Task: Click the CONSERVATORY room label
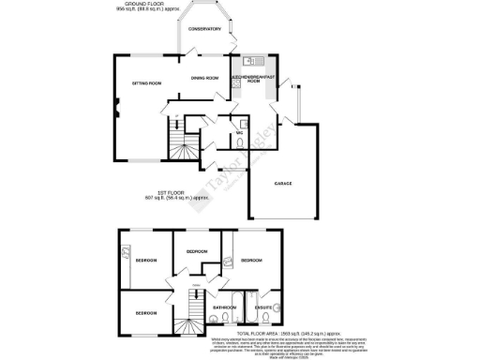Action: coord(204,29)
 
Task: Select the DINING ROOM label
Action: coord(204,78)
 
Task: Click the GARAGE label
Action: coord(284,184)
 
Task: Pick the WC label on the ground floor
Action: coord(240,133)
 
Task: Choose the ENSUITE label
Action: coord(264,307)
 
